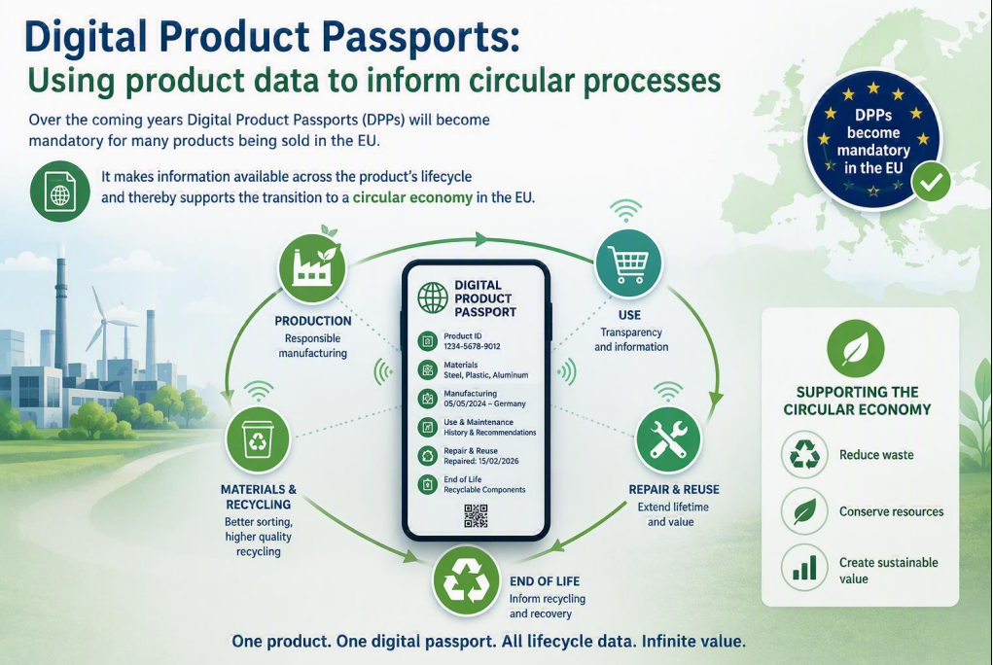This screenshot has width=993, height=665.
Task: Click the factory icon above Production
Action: (312, 267)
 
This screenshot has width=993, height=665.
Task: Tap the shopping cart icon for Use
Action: (628, 262)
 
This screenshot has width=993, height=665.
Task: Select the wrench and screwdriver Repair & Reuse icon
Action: (667, 440)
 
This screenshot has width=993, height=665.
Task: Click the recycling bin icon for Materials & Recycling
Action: (258, 438)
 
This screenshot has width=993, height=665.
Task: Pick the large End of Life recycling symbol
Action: (466, 580)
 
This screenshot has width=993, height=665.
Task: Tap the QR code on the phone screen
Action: (476, 515)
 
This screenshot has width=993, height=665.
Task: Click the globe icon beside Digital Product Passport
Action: (433, 297)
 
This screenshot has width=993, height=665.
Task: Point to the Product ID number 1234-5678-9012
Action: (472, 346)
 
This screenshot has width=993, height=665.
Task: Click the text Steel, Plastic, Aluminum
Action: (485, 375)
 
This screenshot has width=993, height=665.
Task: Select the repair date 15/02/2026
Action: (500, 461)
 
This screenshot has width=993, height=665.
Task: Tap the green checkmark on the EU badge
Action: (931, 183)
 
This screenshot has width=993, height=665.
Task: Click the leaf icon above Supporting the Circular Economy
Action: (856, 349)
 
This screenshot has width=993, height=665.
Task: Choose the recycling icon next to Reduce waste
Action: (804, 454)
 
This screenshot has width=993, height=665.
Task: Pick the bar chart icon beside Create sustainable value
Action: (804, 567)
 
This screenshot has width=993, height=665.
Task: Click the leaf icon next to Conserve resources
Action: (804, 510)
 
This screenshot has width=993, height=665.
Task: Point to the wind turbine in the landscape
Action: (106, 330)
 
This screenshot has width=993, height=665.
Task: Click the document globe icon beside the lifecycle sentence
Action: (60, 192)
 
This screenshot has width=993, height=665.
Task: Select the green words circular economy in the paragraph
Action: (412, 197)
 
